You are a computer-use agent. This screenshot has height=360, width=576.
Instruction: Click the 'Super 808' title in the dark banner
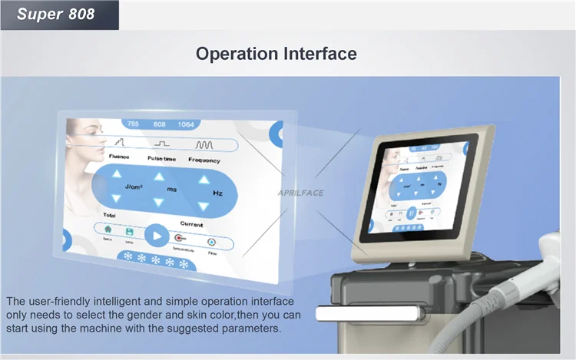click(55, 14)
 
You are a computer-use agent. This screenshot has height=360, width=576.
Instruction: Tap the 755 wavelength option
click(133, 124)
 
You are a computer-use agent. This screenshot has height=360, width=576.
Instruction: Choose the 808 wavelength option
click(160, 124)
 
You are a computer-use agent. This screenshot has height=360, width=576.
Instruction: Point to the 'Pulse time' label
click(162, 159)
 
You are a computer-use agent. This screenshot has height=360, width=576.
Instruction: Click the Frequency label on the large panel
click(205, 160)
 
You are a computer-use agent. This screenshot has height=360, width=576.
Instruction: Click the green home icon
click(108, 229)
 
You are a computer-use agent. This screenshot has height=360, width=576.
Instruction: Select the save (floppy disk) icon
click(130, 231)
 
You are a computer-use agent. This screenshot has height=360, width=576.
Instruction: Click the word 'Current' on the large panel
click(191, 224)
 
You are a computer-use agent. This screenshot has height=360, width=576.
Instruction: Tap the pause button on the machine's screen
click(411, 212)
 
